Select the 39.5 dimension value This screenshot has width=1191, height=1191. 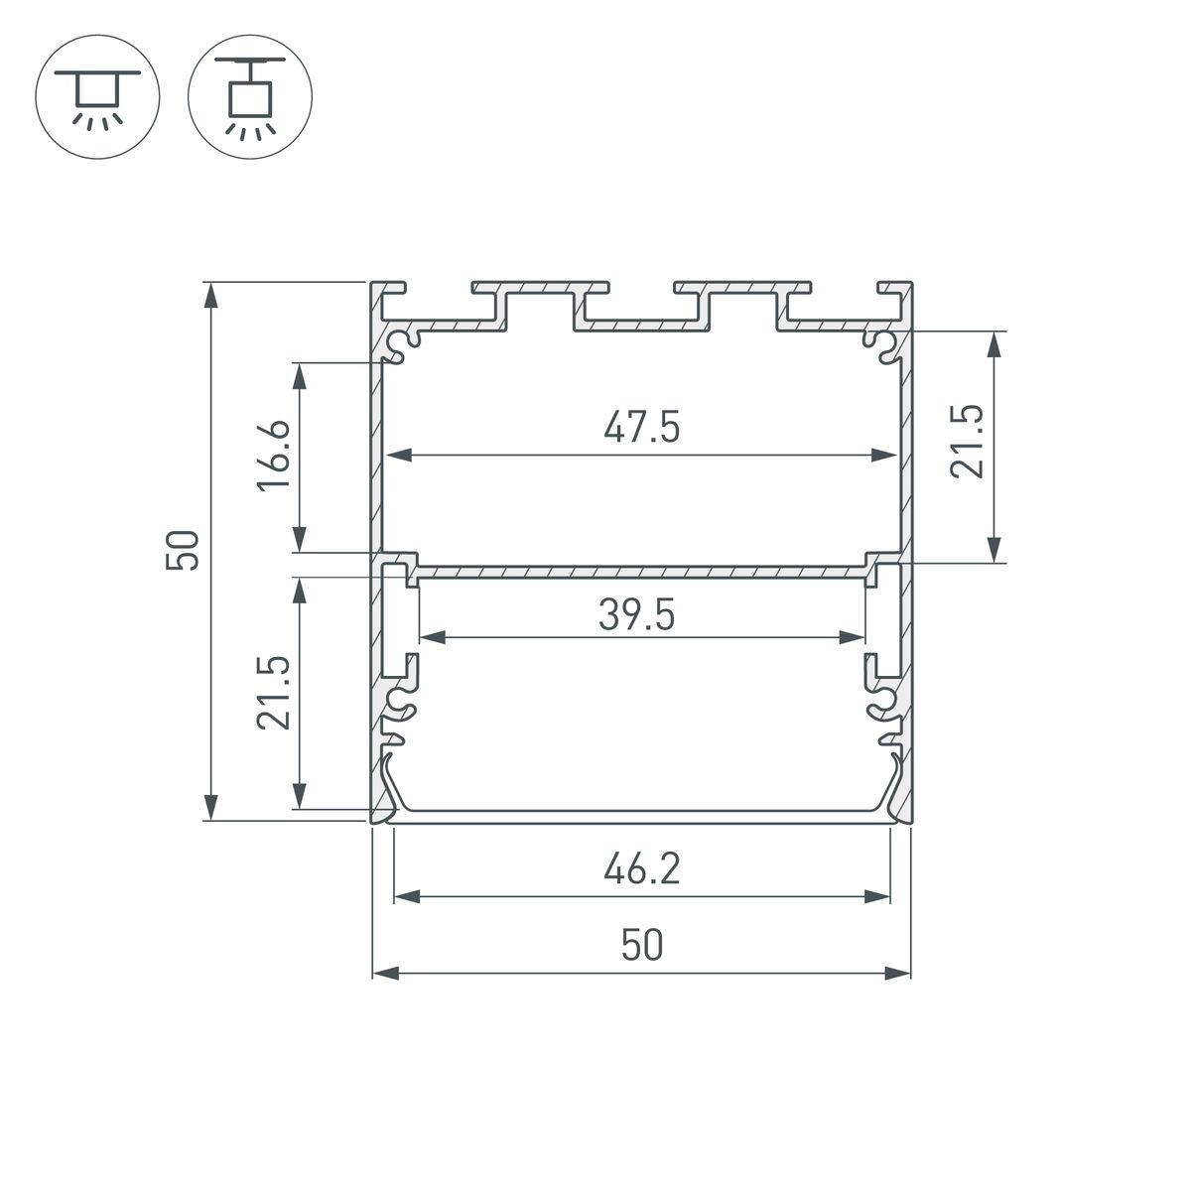(636, 615)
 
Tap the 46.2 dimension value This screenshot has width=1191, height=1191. (641, 869)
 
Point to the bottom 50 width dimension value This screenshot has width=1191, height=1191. (641, 946)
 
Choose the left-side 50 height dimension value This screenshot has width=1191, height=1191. (186, 550)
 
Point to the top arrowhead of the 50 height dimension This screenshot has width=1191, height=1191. (210, 291)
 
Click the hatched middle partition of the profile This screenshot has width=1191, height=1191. (641, 572)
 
